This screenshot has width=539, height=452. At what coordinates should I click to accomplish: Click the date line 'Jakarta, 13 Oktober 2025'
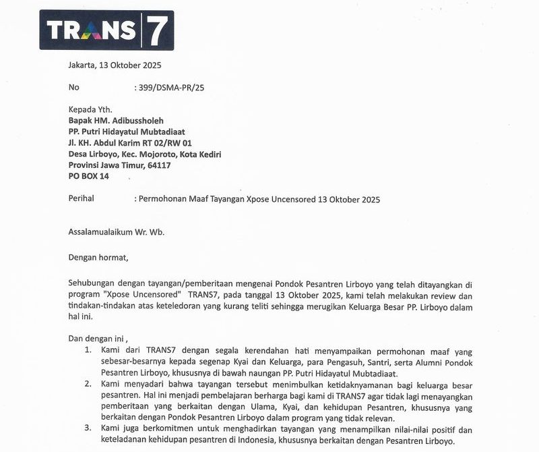115,65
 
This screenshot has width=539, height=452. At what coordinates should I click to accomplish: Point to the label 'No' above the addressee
74,87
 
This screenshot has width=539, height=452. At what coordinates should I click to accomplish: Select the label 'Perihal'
83,199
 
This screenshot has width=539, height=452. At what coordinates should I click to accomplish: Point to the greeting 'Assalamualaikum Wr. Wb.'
116,232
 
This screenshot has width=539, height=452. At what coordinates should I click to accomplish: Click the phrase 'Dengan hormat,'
98,256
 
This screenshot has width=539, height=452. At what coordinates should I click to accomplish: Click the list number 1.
88,351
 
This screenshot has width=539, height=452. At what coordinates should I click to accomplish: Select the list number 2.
88,383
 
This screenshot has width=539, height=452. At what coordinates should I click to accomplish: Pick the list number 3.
88,428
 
